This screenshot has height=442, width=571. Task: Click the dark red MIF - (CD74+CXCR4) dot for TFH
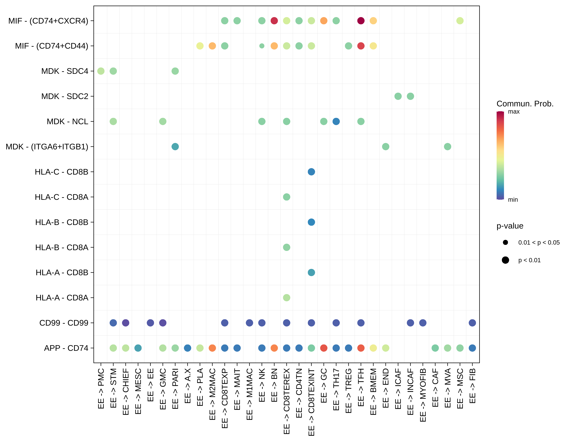click(x=361, y=21)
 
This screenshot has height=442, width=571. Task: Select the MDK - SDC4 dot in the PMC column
click(x=101, y=71)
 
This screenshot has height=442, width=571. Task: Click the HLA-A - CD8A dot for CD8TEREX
click(x=287, y=298)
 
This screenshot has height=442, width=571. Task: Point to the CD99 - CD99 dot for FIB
click(x=472, y=323)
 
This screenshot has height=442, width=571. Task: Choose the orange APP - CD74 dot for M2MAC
click(x=212, y=348)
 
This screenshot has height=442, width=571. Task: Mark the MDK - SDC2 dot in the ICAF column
click(x=398, y=96)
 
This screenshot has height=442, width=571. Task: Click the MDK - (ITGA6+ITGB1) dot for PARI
click(x=175, y=147)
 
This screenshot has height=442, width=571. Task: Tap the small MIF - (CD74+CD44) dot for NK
click(x=262, y=46)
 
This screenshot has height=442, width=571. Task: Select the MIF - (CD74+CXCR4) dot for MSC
click(x=460, y=21)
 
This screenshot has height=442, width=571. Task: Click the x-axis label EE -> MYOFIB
click(x=423, y=395)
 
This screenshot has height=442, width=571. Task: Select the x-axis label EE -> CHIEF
click(x=126, y=391)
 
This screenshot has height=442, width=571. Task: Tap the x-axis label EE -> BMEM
click(x=373, y=391)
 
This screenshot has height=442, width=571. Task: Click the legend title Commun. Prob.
click(x=525, y=104)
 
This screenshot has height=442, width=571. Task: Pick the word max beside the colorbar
click(x=514, y=112)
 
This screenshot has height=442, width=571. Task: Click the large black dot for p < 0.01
click(x=505, y=260)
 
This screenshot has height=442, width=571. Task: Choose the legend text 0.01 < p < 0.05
click(x=539, y=243)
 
